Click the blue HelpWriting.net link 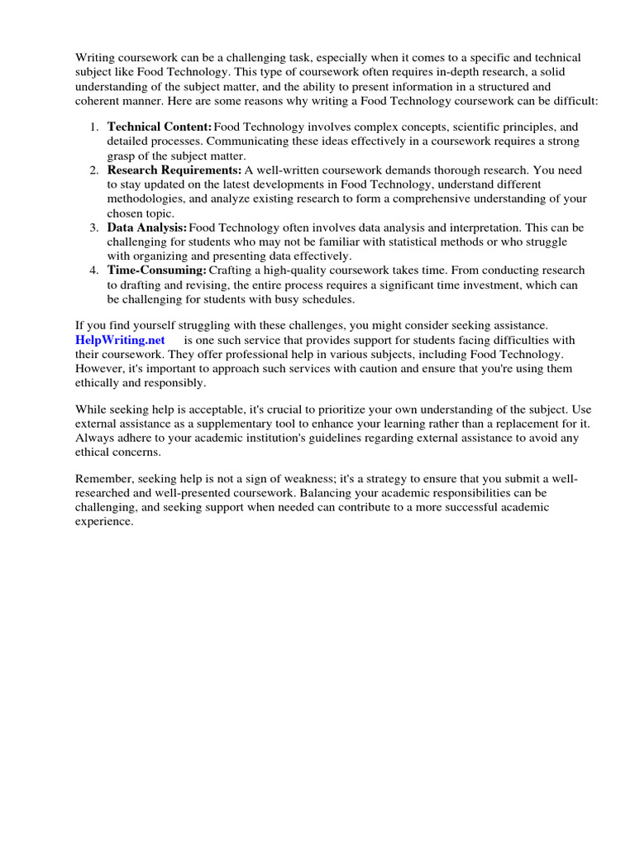point(120,340)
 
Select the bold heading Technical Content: point(159,127)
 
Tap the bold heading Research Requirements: point(174,170)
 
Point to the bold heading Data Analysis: point(146,227)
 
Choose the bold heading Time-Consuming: point(156,270)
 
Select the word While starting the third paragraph point(91,410)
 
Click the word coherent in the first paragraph point(103,100)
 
